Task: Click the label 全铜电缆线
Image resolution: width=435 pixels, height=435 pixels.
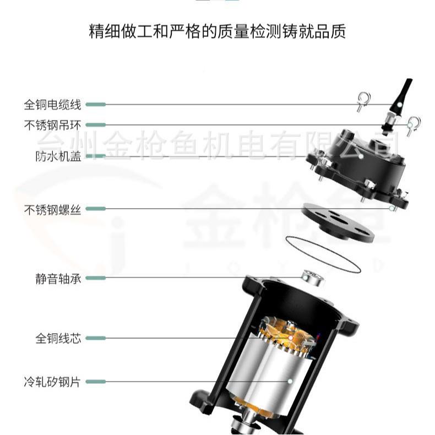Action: click(53, 104)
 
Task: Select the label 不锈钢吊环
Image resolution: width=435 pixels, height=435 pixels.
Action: click(53, 125)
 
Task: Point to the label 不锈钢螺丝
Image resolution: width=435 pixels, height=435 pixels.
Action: click(53, 209)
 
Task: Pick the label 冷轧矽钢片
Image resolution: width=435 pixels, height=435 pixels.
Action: click(53, 381)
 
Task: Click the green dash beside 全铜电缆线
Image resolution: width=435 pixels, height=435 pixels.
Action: click(96, 104)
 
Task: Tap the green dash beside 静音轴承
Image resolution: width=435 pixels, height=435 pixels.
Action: click(96, 279)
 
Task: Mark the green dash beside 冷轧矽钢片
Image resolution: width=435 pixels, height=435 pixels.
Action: click(96, 381)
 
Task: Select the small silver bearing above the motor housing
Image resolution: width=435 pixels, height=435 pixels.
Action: click(313, 278)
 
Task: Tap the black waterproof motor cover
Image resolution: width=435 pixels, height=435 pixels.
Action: click(358, 160)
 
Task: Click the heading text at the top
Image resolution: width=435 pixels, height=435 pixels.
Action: click(218, 31)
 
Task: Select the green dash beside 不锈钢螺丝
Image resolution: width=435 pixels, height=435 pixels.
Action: click(96, 209)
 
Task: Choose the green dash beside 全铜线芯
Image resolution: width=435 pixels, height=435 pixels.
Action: click(96, 338)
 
